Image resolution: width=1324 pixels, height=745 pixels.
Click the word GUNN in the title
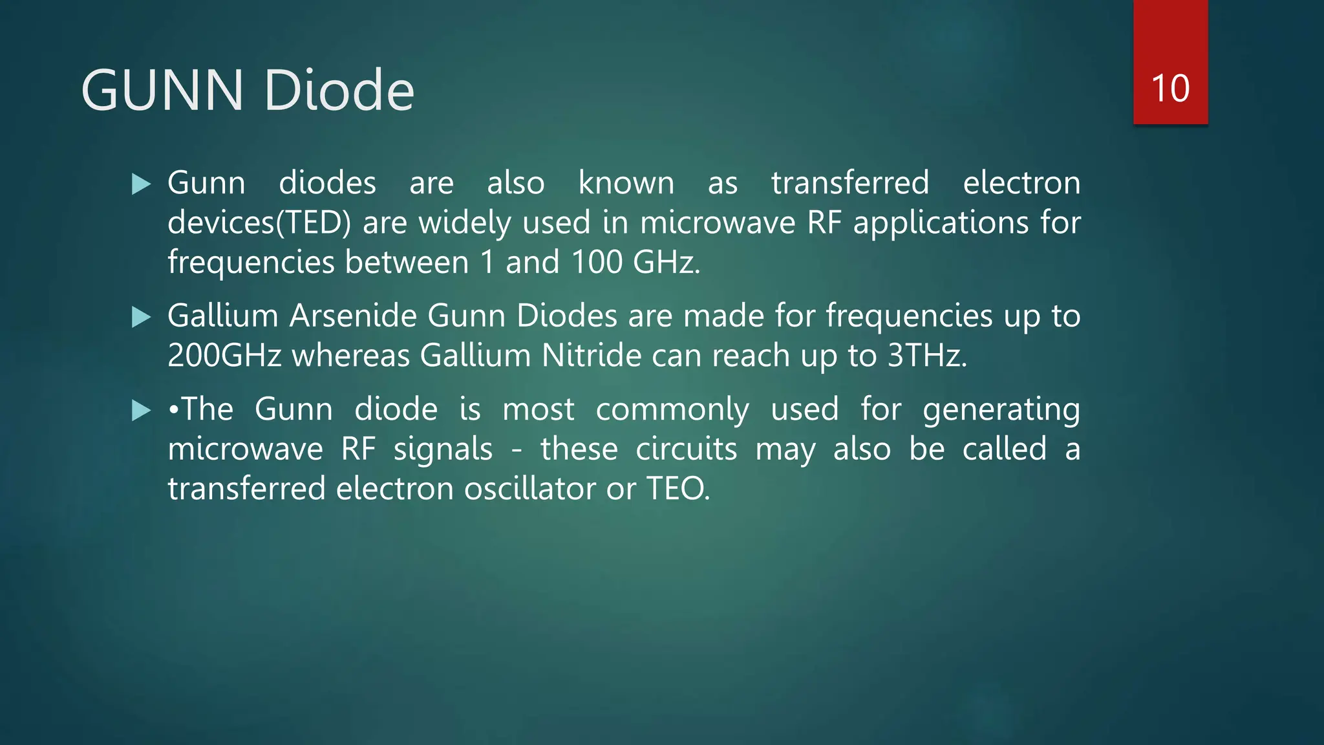pyautogui.click(x=162, y=90)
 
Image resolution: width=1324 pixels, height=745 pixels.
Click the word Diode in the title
pyautogui.click(x=339, y=90)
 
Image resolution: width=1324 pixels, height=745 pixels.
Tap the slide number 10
pyautogui.click(x=1170, y=88)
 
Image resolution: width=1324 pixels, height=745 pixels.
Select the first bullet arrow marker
pyautogui.click(x=140, y=184)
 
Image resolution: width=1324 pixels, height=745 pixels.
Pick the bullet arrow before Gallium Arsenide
pyautogui.click(x=140, y=317)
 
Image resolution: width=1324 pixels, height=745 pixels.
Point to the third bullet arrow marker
pyautogui.click(x=140, y=410)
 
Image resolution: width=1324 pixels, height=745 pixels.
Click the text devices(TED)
pyautogui.click(x=259, y=223)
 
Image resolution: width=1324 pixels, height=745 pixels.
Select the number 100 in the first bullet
pyautogui.click(x=596, y=263)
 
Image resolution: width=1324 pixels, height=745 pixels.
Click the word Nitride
pyautogui.click(x=591, y=356)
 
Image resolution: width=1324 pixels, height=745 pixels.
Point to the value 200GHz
pyautogui.click(x=224, y=356)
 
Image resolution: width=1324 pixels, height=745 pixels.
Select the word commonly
pyautogui.click(x=672, y=411)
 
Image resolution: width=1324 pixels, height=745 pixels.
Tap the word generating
pyautogui.click(x=1001, y=411)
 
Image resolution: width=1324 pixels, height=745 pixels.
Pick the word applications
pyautogui.click(x=941, y=223)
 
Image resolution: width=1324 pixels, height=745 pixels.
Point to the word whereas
pyautogui.click(x=351, y=356)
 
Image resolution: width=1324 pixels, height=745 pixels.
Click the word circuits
pyautogui.click(x=686, y=449)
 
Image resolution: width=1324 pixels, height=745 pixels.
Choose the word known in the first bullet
pyautogui.click(x=626, y=183)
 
